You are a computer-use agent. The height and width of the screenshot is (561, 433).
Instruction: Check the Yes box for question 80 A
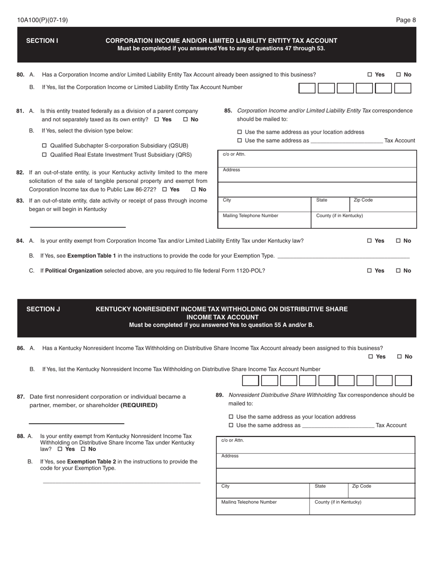[370, 75]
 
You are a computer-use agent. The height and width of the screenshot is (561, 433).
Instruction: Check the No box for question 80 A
[398, 75]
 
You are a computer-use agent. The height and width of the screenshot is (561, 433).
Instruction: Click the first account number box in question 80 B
[307, 88]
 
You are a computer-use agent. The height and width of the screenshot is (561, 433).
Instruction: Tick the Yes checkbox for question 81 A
[157, 119]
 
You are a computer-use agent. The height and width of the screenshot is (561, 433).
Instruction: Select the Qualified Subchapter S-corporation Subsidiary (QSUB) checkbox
[45, 145]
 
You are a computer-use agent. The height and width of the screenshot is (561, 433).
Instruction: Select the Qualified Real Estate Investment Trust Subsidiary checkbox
[45, 155]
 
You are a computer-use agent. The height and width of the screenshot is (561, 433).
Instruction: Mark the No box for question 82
[193, 189]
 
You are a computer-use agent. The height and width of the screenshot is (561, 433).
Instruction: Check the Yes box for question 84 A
[370, 241]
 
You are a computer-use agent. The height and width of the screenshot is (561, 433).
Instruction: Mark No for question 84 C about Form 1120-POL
[398, 270]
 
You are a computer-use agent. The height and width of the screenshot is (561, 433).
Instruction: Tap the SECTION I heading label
[42, 41]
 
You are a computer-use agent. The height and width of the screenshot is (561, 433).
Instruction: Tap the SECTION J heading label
[43, 309]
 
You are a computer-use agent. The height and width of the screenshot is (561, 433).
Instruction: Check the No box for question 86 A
[400, 357]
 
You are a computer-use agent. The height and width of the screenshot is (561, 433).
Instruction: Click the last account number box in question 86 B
[403, 380]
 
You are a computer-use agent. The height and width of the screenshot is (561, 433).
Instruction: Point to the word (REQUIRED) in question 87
[139, 405]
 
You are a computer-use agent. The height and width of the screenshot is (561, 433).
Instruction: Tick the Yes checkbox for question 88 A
[60, 449]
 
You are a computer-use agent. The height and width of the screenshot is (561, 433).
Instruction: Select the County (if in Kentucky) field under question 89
[362, 506]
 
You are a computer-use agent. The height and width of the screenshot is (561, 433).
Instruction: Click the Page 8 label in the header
[406, 20]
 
